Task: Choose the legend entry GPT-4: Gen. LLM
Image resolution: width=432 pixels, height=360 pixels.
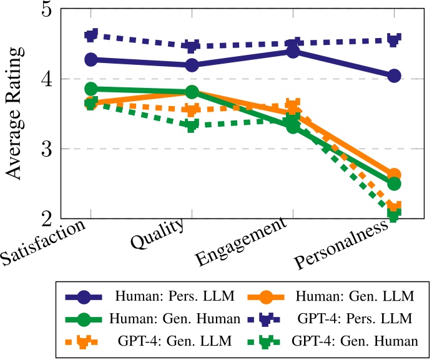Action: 175,341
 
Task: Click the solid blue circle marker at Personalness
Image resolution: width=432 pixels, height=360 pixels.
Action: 394,75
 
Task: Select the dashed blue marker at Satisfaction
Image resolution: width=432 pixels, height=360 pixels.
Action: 91,35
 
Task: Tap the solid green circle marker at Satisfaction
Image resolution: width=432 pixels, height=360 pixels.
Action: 91,89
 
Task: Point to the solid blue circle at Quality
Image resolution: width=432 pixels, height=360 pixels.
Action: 192,65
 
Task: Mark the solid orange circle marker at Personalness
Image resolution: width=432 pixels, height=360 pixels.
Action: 394,175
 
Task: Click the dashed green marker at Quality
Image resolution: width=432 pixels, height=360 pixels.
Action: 192,125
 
